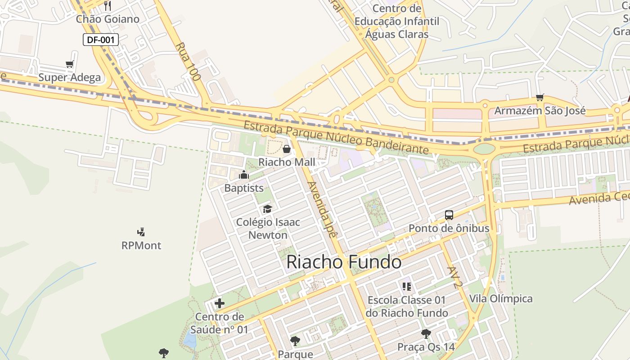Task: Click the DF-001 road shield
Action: (100, 40)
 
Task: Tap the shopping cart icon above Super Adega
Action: (69, 64)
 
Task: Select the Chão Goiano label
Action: (108, 19)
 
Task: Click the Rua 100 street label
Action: (188, 62)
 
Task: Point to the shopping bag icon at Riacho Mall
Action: (287, 149)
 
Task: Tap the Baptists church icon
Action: (244, 175)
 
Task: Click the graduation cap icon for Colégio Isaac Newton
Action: (268, 209)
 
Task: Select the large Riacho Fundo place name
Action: (344, 262)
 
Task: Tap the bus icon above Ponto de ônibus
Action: (449, 215)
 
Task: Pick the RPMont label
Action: (141, 246)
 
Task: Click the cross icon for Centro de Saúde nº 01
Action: (220, 303)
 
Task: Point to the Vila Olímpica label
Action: (501, 299)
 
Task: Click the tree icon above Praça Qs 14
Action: (426, 334)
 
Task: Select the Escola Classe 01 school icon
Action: (407, 287)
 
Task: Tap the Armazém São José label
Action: (540, 111)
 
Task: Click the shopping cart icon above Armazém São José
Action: (540, 97)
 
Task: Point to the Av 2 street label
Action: (455, 277)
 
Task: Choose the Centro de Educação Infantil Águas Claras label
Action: (397, 21)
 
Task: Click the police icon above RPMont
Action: (141, 232)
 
